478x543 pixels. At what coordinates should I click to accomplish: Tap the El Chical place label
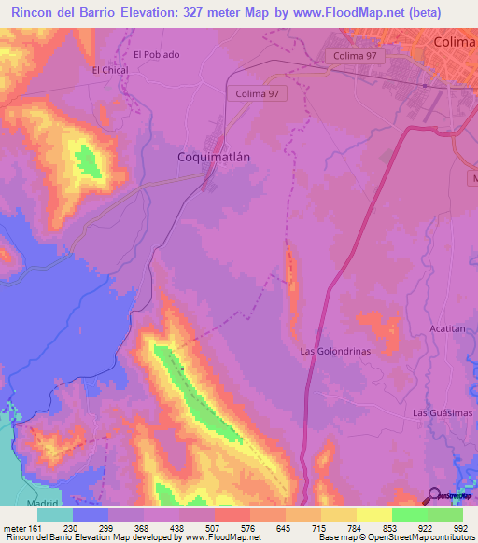click(108, 70)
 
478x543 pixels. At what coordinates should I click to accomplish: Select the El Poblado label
click(156, 54)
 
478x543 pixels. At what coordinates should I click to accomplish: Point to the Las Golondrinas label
click(335, 351)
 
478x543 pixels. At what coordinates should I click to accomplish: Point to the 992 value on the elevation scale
click(459, 527)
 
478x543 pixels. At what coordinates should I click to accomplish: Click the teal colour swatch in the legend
click(55, 514)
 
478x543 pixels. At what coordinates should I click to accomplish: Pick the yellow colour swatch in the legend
click(373, 514)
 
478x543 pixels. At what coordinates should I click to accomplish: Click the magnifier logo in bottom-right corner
click(435, 496)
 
